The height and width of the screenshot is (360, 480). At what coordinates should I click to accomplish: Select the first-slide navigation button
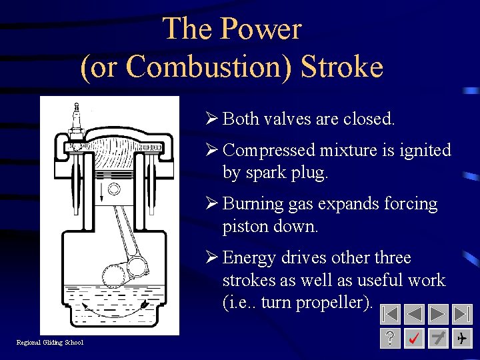tap(392, 314)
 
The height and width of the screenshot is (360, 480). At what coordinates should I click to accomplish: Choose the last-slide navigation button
tap(462, 314)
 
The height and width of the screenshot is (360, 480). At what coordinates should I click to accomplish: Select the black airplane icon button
tap(462, 339)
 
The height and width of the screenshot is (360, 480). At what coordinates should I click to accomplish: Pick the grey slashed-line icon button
tap(439, 339)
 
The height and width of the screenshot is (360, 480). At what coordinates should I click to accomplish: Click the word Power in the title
tap(261, 29)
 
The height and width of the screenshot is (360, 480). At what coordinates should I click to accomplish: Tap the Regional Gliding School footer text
tap(50, 343)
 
